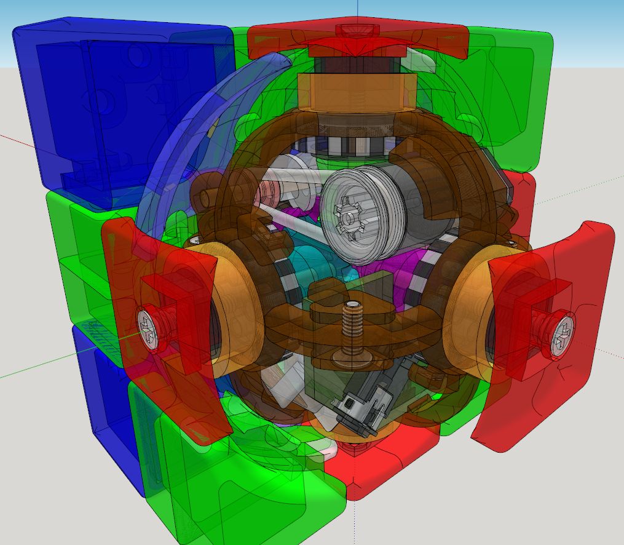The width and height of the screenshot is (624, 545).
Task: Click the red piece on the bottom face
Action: (393, 461)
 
